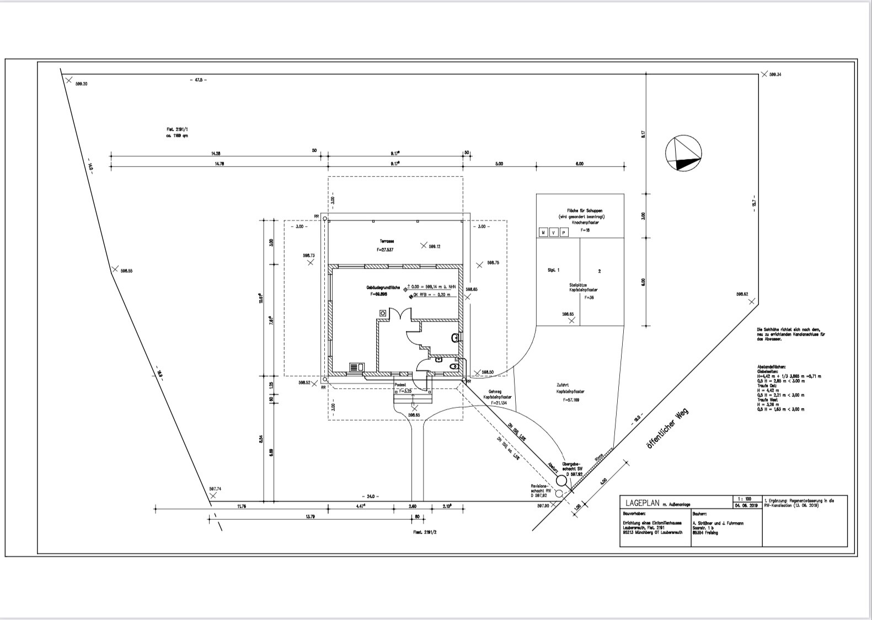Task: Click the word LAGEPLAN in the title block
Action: (x=643, y=503)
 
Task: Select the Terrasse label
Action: (x=386, y=241)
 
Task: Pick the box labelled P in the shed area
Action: (x=564, y=233)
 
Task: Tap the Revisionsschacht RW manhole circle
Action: (x=559, y=493)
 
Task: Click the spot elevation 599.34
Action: (x=775, y=74)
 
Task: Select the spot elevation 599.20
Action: (x=81, y=84)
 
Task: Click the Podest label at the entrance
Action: (x=400, y=385)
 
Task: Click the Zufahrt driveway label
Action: (x=563, y=385)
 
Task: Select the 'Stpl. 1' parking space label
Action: (x=553, y=270)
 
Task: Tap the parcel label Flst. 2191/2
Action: (x=425, y=532)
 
